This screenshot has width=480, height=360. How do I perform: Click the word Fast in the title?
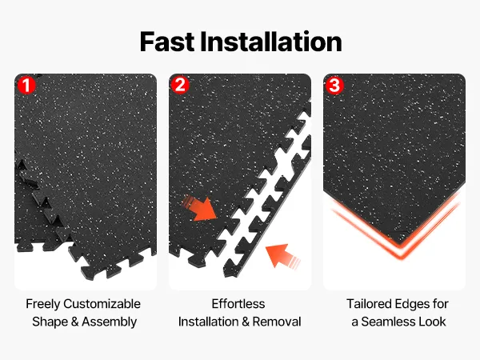pyautogui.click(x=167, y=42)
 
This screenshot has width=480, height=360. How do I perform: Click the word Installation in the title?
pyautogui.click(x=271, y=42)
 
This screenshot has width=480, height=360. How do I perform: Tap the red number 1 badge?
pyautogui.click(x=26, y=85)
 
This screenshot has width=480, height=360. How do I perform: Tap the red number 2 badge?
pyautogui.click(x=180, y=85)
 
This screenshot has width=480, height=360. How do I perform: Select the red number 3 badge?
pyautogui.click(x=334, y=85)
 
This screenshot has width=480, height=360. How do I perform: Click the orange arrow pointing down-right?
pyautogui.click(x=201, y=208)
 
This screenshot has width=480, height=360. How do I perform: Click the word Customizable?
pyautogui.click(x=102, y=304)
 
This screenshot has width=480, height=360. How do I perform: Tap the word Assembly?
pyautogui.click(x=110, y=322)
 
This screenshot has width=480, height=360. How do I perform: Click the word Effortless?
pyautogui.click(x=238, y=304)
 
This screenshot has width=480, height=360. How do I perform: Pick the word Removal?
pyautogui.click(x=277, y=322)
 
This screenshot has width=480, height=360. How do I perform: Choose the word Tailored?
pyautogui.click(x=369, y=304)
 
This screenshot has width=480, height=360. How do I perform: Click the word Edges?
pyautogui.click(x=412, y=305)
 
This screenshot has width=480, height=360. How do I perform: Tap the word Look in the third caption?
pyautogui.click(x=432, y=322)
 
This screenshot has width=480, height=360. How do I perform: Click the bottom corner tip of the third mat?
pyautogui.click(x=399, y=244)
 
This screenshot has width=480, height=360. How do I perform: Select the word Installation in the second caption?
pyautogui.click(x=209, y=322)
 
